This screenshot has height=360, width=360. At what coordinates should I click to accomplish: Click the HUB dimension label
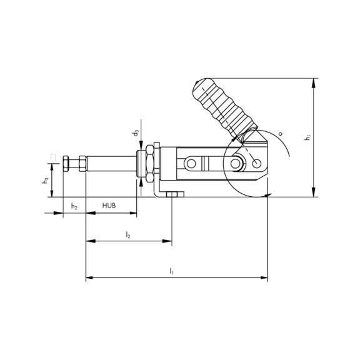pos(110,205)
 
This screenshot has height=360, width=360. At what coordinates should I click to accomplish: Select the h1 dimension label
pos(307,137)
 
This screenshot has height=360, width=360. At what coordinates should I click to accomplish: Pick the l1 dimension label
pos(172,271)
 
